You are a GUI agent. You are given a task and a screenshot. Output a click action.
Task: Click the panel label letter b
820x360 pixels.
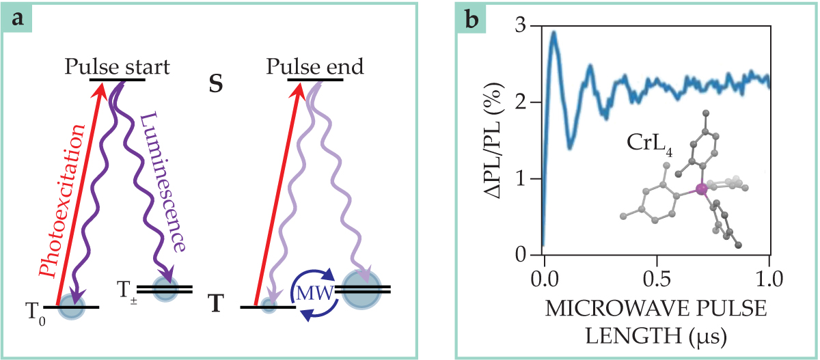(x=471, y=18)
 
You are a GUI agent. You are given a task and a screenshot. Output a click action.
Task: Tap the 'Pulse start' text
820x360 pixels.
(x=117, y=67)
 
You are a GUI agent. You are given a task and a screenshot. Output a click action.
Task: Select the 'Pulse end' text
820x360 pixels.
(x=315, y=67)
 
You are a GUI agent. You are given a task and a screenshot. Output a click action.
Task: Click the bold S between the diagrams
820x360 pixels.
(x=217, y=89)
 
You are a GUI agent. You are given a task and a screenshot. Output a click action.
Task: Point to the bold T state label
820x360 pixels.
(x=217, y=303)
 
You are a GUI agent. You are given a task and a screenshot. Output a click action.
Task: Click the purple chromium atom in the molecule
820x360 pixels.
(x=700, y=189)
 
